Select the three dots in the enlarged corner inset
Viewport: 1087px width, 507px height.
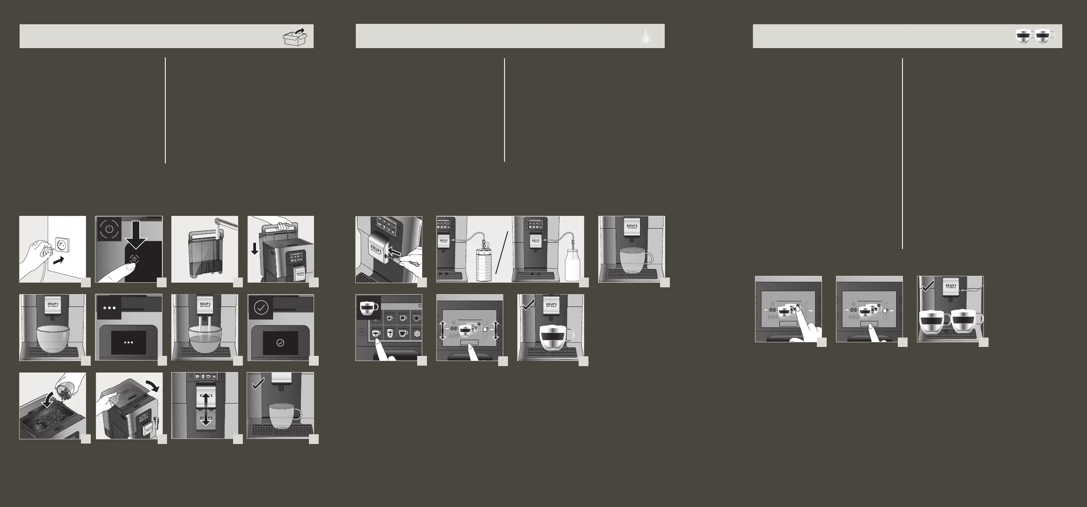tap(110, 307)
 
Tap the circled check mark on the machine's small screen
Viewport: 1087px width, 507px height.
tap(280, 343)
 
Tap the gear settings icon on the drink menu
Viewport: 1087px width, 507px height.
tap(417, 334)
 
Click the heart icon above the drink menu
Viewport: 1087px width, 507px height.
tap(420, 306)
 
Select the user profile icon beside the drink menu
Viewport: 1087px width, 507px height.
tap(361, 331)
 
